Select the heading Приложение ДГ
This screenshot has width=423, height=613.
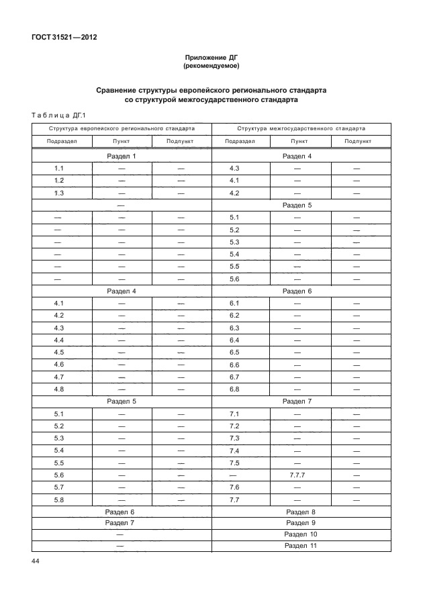[211, 58]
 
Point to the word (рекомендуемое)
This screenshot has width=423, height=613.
[211, 66]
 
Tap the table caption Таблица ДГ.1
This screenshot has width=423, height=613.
[55, 115]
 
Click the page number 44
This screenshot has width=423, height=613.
[36, 561]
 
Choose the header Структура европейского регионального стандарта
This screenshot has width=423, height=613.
[122, 128]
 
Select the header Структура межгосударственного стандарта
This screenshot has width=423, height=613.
[301, 128]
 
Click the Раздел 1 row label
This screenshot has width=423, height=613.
[122, 156]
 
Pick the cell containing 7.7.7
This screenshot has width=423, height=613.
[296, 475]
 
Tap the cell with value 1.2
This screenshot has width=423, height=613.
[59, 181]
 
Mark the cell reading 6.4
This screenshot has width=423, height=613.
[234, 340]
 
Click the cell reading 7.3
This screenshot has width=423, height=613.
[234, 438]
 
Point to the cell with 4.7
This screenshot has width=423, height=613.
[59, 377]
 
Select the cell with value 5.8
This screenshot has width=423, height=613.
[59, 499]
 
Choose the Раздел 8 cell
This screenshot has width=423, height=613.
[301, 512]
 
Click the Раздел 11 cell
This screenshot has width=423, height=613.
[301, 546]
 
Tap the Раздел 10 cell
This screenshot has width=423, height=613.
[301, 534]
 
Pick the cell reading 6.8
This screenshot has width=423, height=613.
[234, 389]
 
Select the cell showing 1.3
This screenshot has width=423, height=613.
[59, 193]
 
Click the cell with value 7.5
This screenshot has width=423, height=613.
[234, 463]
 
